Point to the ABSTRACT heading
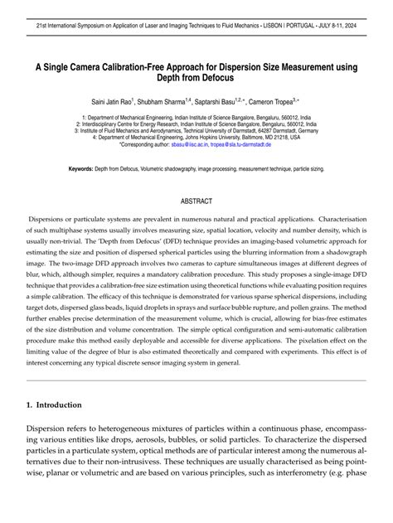(x=196, y=201)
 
